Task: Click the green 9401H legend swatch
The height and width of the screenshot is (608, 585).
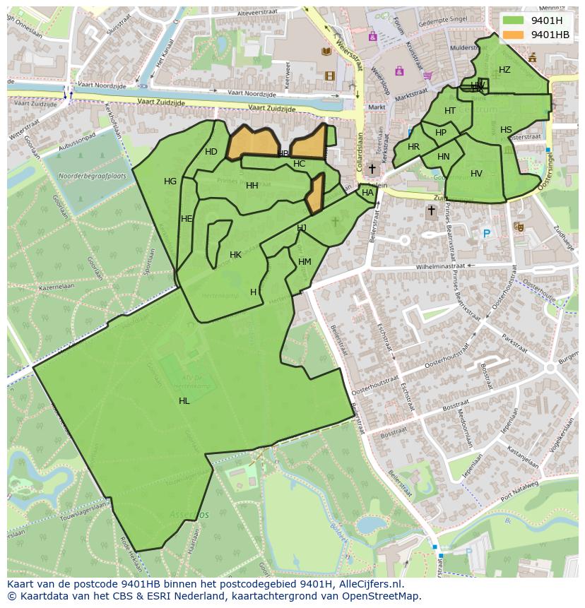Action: [513, 20]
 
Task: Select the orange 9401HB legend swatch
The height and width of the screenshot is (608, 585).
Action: [513, 35]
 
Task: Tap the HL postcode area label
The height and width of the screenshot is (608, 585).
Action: [184, 401]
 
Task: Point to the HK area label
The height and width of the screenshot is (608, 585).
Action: [235, 255]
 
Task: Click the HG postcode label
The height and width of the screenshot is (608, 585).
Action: [170, 181]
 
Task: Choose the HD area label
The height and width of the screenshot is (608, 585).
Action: [211, 152]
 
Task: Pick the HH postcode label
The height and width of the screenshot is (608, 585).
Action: [252, 186]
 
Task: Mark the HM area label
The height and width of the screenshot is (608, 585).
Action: [305, 262]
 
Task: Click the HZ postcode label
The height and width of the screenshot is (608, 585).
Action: [504, 70]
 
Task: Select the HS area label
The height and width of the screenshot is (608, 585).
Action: [506, 130]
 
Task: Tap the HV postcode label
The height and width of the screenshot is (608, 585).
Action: [476, 174]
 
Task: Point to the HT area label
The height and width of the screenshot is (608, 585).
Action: [450, 111]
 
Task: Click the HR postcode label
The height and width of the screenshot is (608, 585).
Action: [413, 147]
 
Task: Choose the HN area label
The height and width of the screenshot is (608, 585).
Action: [443, 157]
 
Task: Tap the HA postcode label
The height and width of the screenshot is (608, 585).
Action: [367, 193]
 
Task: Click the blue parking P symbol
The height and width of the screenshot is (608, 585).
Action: [486, 234]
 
